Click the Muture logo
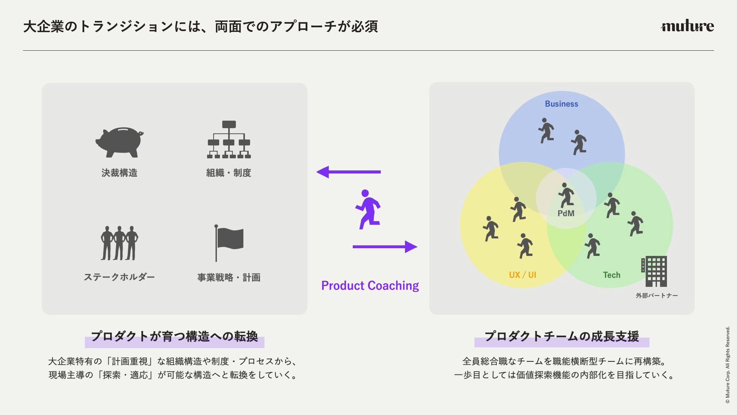687,26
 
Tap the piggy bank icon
119,142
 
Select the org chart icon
229,140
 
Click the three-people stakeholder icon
119,243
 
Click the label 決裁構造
119,173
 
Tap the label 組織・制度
229,173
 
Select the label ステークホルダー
119,277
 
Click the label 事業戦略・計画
229,277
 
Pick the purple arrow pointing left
348,172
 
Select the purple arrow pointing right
385,247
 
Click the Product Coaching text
370,286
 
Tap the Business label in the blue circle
561,104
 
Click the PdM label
566,214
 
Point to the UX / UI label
522,275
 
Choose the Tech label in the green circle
611,275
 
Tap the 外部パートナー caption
657,295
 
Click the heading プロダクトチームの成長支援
562,337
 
